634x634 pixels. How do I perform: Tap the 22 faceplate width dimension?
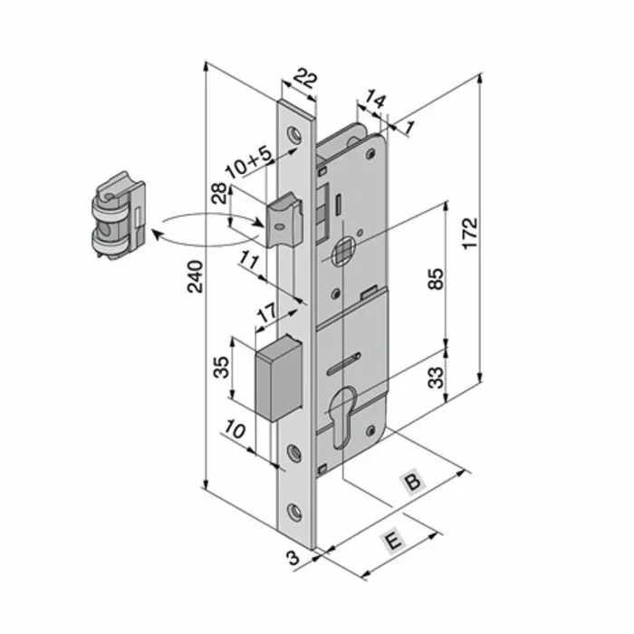click(x=306, y=80)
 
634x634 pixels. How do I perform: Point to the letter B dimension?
click(x=412, y=483)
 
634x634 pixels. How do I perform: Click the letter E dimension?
click(x=392, y=541)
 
